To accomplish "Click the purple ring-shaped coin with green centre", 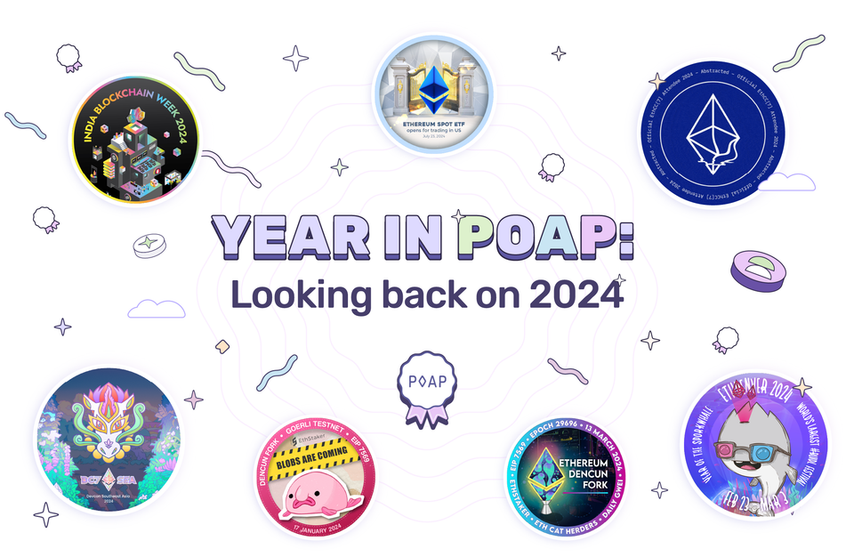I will pos(759,269).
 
